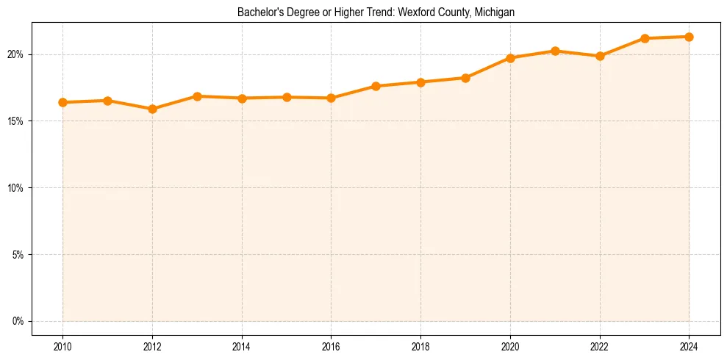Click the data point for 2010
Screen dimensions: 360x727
[x=62, y=102]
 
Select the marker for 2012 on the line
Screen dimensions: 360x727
[x=152, y=109]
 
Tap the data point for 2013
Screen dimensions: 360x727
[x=197, y=96]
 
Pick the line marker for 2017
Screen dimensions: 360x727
[x=376, y=86]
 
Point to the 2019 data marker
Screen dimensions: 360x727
[x=465, y=78]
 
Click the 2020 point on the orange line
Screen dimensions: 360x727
[x=510, y=58]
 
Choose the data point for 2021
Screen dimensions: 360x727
[x=555, y=51]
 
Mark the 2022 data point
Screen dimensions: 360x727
[x=600, y=56]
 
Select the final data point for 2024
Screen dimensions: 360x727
[x=690, y=37]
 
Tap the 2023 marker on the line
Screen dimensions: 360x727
[x=645, y=38]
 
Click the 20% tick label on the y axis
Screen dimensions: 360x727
[x=15, y=54]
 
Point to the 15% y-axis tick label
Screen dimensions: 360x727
[x=15, y=121]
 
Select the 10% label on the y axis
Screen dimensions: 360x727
[x=15, y=188]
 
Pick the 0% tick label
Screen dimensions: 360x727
[x=18, y=321]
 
